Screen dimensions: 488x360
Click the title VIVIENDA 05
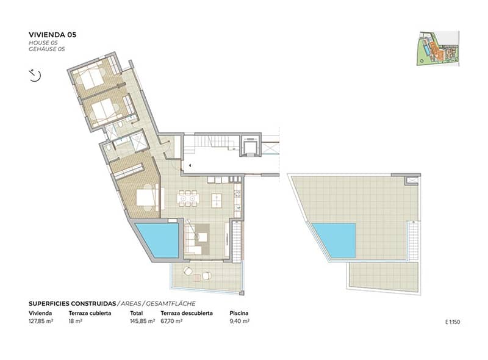coord(52,35)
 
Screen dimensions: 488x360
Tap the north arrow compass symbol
coord(35,75)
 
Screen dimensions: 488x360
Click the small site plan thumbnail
coord(438,48)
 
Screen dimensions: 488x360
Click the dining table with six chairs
coord(188,198)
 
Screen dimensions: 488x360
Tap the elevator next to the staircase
coord(251,145)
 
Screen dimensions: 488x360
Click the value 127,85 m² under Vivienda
coord(41,321)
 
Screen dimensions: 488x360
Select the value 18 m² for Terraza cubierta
coord(75,321)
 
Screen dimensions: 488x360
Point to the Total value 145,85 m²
coord(142,321)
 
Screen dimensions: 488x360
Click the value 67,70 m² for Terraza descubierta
coord(171,321)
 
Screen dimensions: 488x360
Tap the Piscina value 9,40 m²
coord(239,321)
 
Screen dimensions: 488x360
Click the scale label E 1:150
coord(452,322)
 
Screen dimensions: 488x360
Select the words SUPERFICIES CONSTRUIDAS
coord(72,304)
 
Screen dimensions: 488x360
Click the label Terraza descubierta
coord(187,313)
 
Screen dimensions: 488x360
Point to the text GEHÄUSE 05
coord(47,49)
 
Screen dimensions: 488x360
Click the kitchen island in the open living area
coord(217,201)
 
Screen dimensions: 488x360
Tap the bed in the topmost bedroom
coord(92,77)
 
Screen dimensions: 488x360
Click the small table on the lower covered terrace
coord(197,278)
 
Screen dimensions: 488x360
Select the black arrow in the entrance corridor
coord(190,166)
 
